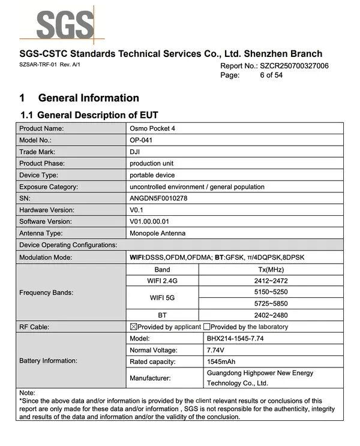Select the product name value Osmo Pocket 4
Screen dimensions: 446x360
tap(152, 128)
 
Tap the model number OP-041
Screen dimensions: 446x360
tap(142, 140)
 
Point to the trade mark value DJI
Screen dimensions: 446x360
tap(135, 152)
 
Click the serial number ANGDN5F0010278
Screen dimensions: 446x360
tap(158, 198)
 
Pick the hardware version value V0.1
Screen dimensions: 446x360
tap(137, 210)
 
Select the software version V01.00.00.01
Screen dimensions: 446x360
tap(153, 221)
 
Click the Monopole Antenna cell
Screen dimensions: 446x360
tap(157, 233)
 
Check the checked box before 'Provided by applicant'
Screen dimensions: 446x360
tap(134, 327)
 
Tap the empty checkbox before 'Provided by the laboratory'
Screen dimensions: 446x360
tap(206, 327)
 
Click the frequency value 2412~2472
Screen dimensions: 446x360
tap(271, 280)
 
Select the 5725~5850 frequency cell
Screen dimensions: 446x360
tap(271, 303)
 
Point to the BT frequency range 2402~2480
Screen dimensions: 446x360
tap(271, 315)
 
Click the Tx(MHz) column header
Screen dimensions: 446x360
tap(271, 269)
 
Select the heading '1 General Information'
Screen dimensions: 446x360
tap(79, 98)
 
